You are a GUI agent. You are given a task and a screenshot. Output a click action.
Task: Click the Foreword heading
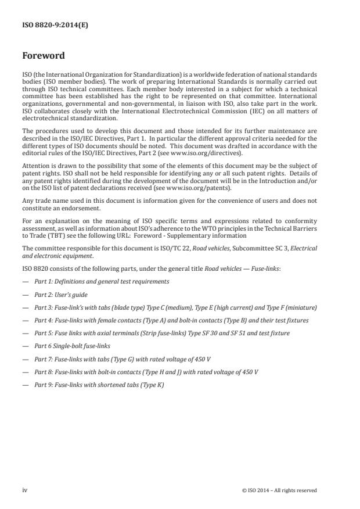click(x=44, y=56)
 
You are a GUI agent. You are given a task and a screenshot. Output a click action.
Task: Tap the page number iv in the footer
click(x=25, y=490)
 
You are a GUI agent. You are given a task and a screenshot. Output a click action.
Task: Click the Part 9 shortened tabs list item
click(x=99, y=385)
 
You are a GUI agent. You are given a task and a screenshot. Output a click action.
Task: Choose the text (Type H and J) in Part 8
click(x=170, y=372)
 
